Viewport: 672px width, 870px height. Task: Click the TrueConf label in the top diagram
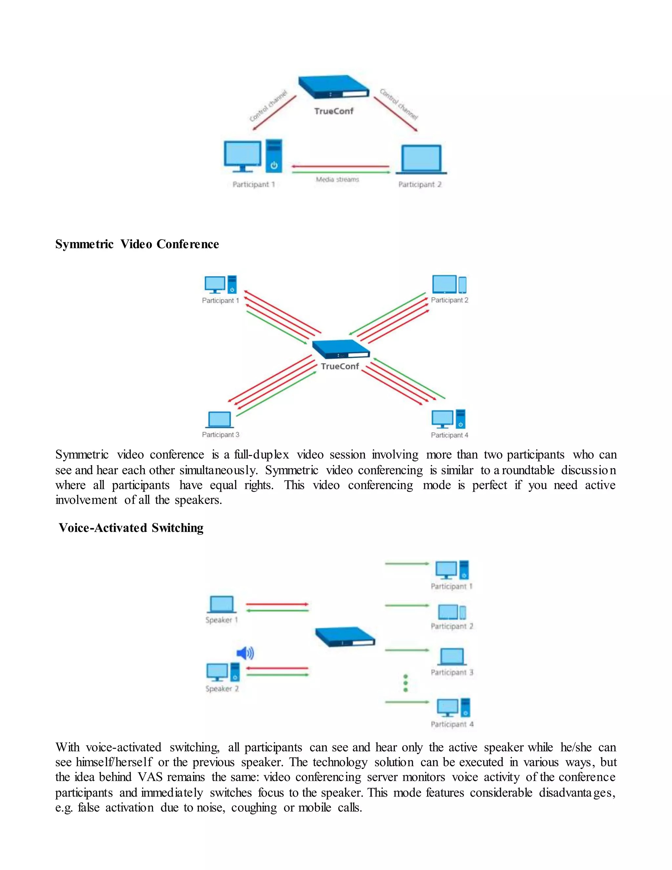pyautogui.click(x=334, y=111)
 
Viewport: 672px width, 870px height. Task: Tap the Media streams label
pyautogui.click(x=337, y=180)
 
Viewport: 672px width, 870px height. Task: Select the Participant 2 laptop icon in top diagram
pyautogui.click(x=421, y=159)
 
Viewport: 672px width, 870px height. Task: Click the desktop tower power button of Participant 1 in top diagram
pyautogui.click(x=274, y=165)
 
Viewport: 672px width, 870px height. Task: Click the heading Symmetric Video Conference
pyautogui.click(x=137, y=244)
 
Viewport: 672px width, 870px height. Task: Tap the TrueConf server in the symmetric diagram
pyautogui.click(x=341, y=349)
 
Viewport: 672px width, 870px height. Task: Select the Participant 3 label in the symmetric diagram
pyautogui.click(x=220, y=435)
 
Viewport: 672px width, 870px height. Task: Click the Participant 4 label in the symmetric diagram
pyautogui.click(x=449, y=435)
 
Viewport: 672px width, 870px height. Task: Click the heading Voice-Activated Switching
pyautogui.click(x=131, y=528)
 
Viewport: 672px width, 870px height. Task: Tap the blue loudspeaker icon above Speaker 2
pyautogui.click(x=245, y=653)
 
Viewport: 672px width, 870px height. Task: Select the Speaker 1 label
pyautogui.click(x=221, y=620)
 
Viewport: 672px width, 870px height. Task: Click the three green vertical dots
pyautogui.click(x=405, y=683)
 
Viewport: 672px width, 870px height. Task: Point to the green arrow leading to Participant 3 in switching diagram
pyautogui.click(x=407, y=650)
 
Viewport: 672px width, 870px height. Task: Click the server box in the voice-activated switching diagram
pyautogui.click(x=345, y=637)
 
